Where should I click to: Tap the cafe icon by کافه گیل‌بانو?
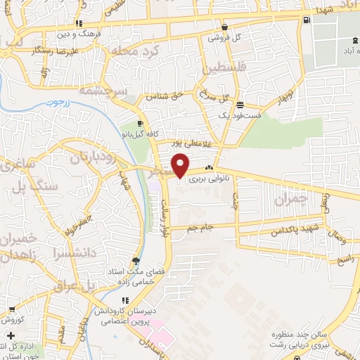(x=140, y=124)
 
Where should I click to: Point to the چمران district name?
(x=290, y=199)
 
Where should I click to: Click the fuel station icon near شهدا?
(x=307, y=20)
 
